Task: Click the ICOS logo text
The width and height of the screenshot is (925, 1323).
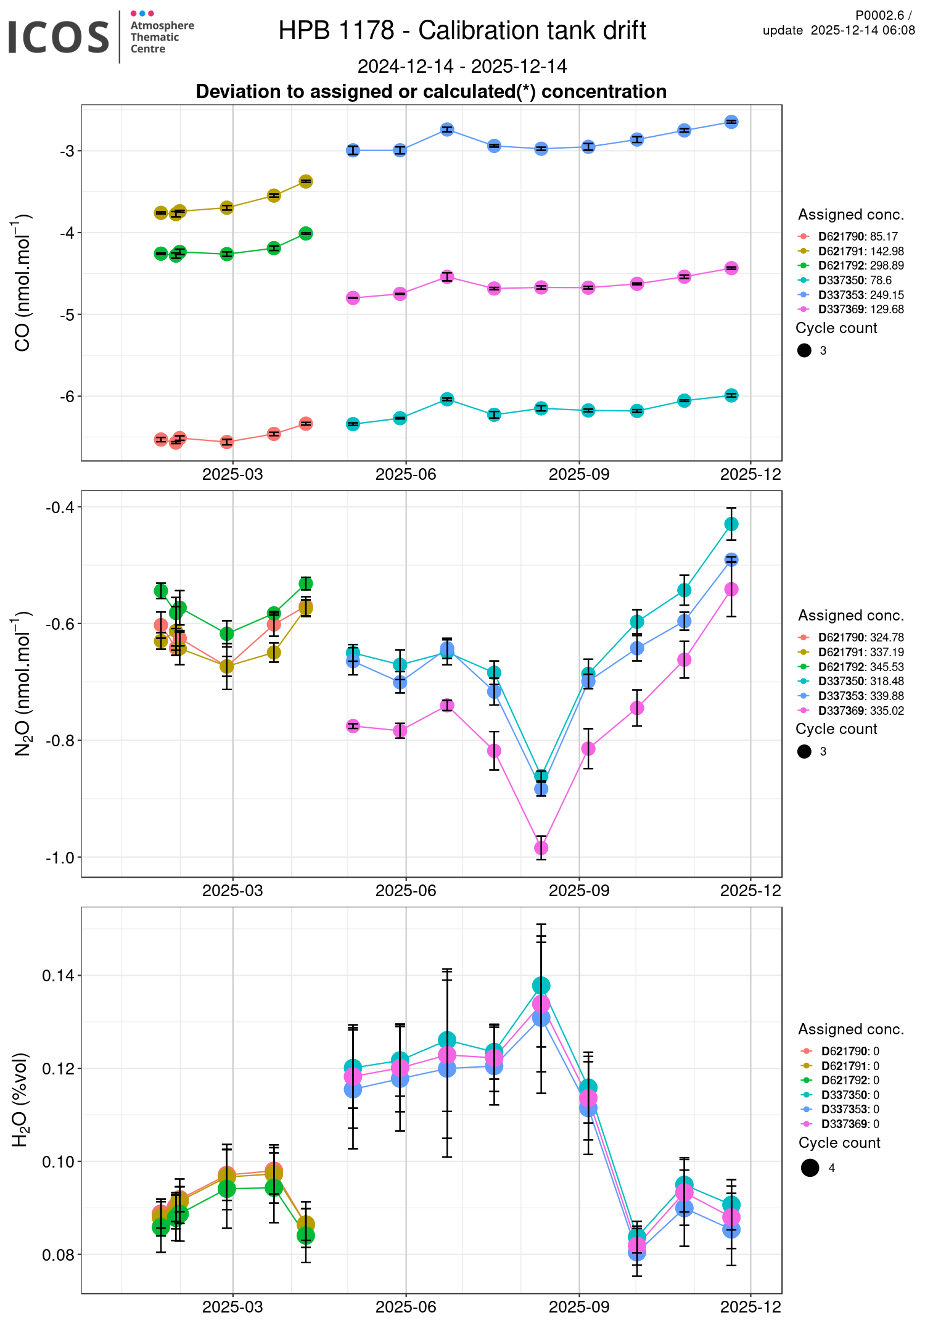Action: pyautogui.click(x=59, y=37)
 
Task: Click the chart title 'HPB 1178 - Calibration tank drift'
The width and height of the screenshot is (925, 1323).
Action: pyautogui.click(x=462, y=30)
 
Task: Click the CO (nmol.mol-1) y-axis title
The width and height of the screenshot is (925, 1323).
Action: pyautogui.click(x=22, y=282)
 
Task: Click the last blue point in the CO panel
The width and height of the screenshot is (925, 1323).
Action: pyautogui.click(x=731, y=122)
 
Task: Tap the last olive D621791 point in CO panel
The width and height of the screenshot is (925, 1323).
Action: pyautogui.click(x=306, y=181)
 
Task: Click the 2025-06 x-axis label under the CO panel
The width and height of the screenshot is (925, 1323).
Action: pyautogui.click(x=406, y=474)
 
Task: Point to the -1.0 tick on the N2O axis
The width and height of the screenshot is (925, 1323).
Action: pyautogui.click(x=60, y=857)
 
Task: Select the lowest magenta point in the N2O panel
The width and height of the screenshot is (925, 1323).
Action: pyautogui.click(x=541, y=848)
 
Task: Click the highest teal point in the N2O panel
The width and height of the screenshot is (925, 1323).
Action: pyautogui.click(x=731, y=524)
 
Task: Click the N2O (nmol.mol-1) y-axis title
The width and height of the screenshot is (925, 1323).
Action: pyautogui.click(x=22, y=683)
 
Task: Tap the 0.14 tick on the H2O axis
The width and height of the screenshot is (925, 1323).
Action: pyautogui.click(x=58, y=976)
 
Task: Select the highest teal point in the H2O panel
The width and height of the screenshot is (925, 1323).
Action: pyautogui.click(x=541, y=985)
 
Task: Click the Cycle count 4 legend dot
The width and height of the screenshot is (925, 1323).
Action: pyautogui.click(x=810, y=1168)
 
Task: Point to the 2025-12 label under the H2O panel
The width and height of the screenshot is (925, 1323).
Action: pyautogui.click(x=750, y=1307)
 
